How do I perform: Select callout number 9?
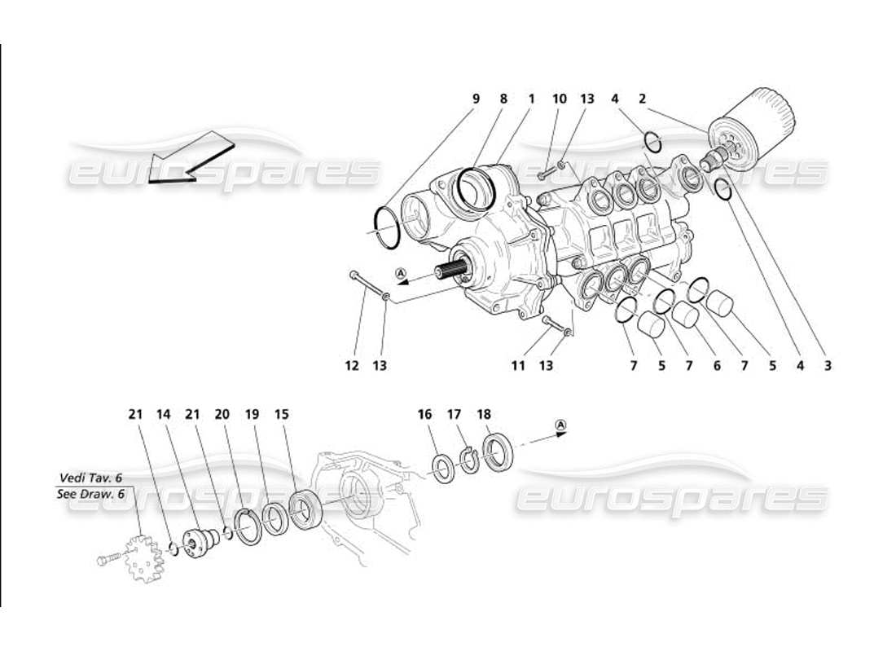pyautogui.click(x=476, y=99)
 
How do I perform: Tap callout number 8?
pyautogui.click(x=503, y=99)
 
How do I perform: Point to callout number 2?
pyautogui.click(x=642, y=99)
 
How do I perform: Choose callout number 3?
pyautogui.click(x=828, y=366)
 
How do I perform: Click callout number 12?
pyautogui.click(x=352, y=366)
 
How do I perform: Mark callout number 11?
pyautogui.click(x=518, y=366)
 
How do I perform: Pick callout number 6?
pyautogui.click(x=717, y=366)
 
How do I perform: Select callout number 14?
pyautogui.click(x=163, y=414)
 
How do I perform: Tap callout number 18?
pyautogui.click(x=485, y=414)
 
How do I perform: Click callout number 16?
pyautogui.click(x=424, y=414)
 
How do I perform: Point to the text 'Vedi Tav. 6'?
pyautogui.click(x=90, y=478)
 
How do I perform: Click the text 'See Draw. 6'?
pyautogui.click(x=90, y=494)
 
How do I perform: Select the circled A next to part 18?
pyautogui.click(x=560, y=425)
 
